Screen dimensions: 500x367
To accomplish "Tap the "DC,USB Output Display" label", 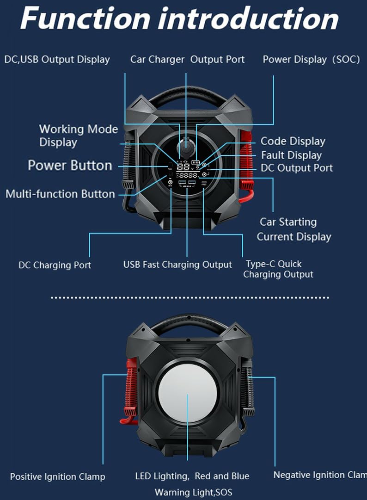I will (57, 59).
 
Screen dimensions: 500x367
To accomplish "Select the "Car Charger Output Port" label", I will (187, 59).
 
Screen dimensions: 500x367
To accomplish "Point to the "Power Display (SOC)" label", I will (311, 59).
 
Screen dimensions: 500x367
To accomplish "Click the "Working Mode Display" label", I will (78, 136).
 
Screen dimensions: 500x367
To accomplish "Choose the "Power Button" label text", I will (70, 165).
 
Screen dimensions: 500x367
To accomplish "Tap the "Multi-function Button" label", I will (60, 193).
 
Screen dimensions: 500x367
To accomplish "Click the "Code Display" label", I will (293, 141).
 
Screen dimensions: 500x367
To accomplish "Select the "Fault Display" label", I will (291, 155).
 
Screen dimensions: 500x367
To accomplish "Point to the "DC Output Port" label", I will (297, 168).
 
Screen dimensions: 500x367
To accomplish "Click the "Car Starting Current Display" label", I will (294, 229).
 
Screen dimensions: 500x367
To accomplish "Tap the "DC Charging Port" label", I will (55, 265).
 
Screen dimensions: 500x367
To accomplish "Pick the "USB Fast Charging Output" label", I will (177, 265).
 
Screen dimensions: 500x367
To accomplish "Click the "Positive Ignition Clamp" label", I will (57, 476).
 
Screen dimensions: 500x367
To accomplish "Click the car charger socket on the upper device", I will (185, 147).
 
